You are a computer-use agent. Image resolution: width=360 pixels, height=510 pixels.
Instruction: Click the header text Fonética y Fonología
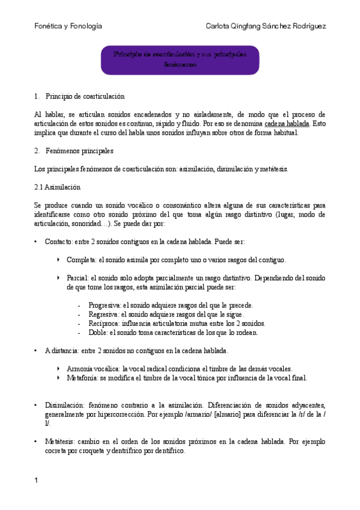[x=68, y=26]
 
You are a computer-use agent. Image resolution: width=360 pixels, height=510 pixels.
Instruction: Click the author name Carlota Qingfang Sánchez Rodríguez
[x=266, y=26]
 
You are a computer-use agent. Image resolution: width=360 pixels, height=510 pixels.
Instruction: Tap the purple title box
[x=179, y=60]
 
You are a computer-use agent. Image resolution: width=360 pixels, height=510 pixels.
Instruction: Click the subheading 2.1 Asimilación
[x=57, y=187]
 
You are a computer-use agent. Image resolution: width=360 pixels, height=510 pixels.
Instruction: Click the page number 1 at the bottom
[x=37, y=480]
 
